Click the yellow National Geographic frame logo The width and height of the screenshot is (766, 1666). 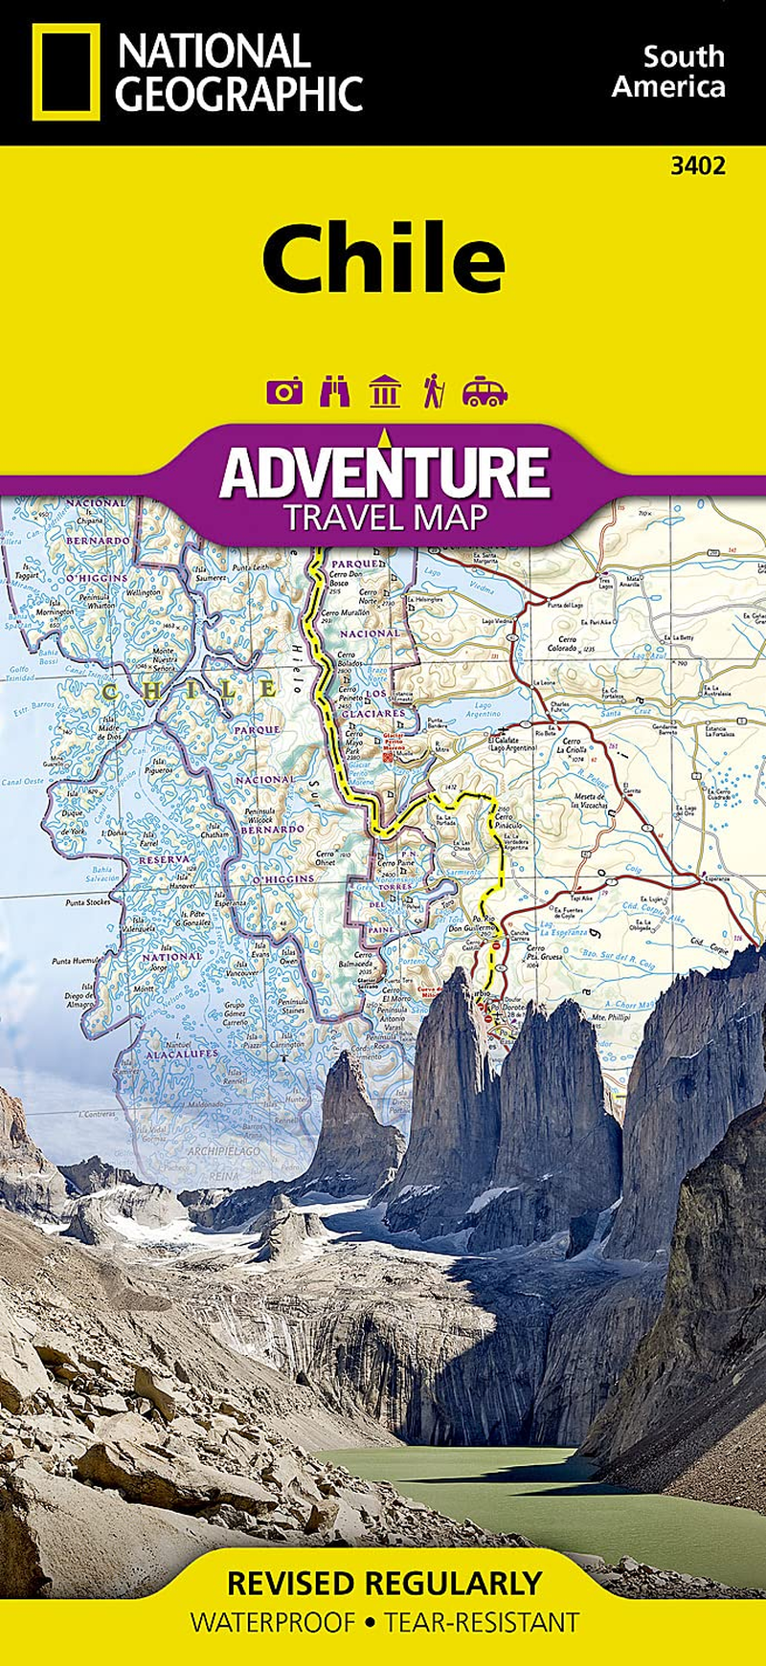(65, 72)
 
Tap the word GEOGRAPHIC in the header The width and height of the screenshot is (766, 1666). (239, 95)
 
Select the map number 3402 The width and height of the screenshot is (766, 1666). (697, 166)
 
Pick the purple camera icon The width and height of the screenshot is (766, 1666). (284, 391)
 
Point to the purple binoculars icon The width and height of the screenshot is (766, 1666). (334, 391)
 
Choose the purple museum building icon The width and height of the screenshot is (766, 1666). (385, 391)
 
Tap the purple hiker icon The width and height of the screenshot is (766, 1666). (433, 391)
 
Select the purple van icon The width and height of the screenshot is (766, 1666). (484, 391)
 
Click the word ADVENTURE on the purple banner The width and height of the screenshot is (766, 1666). (385, 472)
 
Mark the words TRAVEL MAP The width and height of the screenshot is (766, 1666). (385, 519)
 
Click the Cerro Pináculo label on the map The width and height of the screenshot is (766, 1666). (508, 821)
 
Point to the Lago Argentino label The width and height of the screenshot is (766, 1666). (483, 711)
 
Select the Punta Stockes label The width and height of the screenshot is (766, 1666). (87, 902)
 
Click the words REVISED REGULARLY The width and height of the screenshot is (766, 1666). (383, 1583)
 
